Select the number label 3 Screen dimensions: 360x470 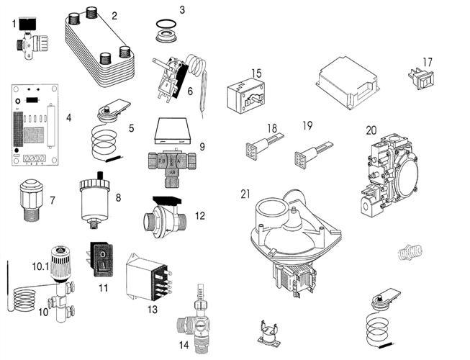point(182,10)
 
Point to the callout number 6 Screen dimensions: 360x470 point(190,91)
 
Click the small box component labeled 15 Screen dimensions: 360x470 point(245,97)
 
